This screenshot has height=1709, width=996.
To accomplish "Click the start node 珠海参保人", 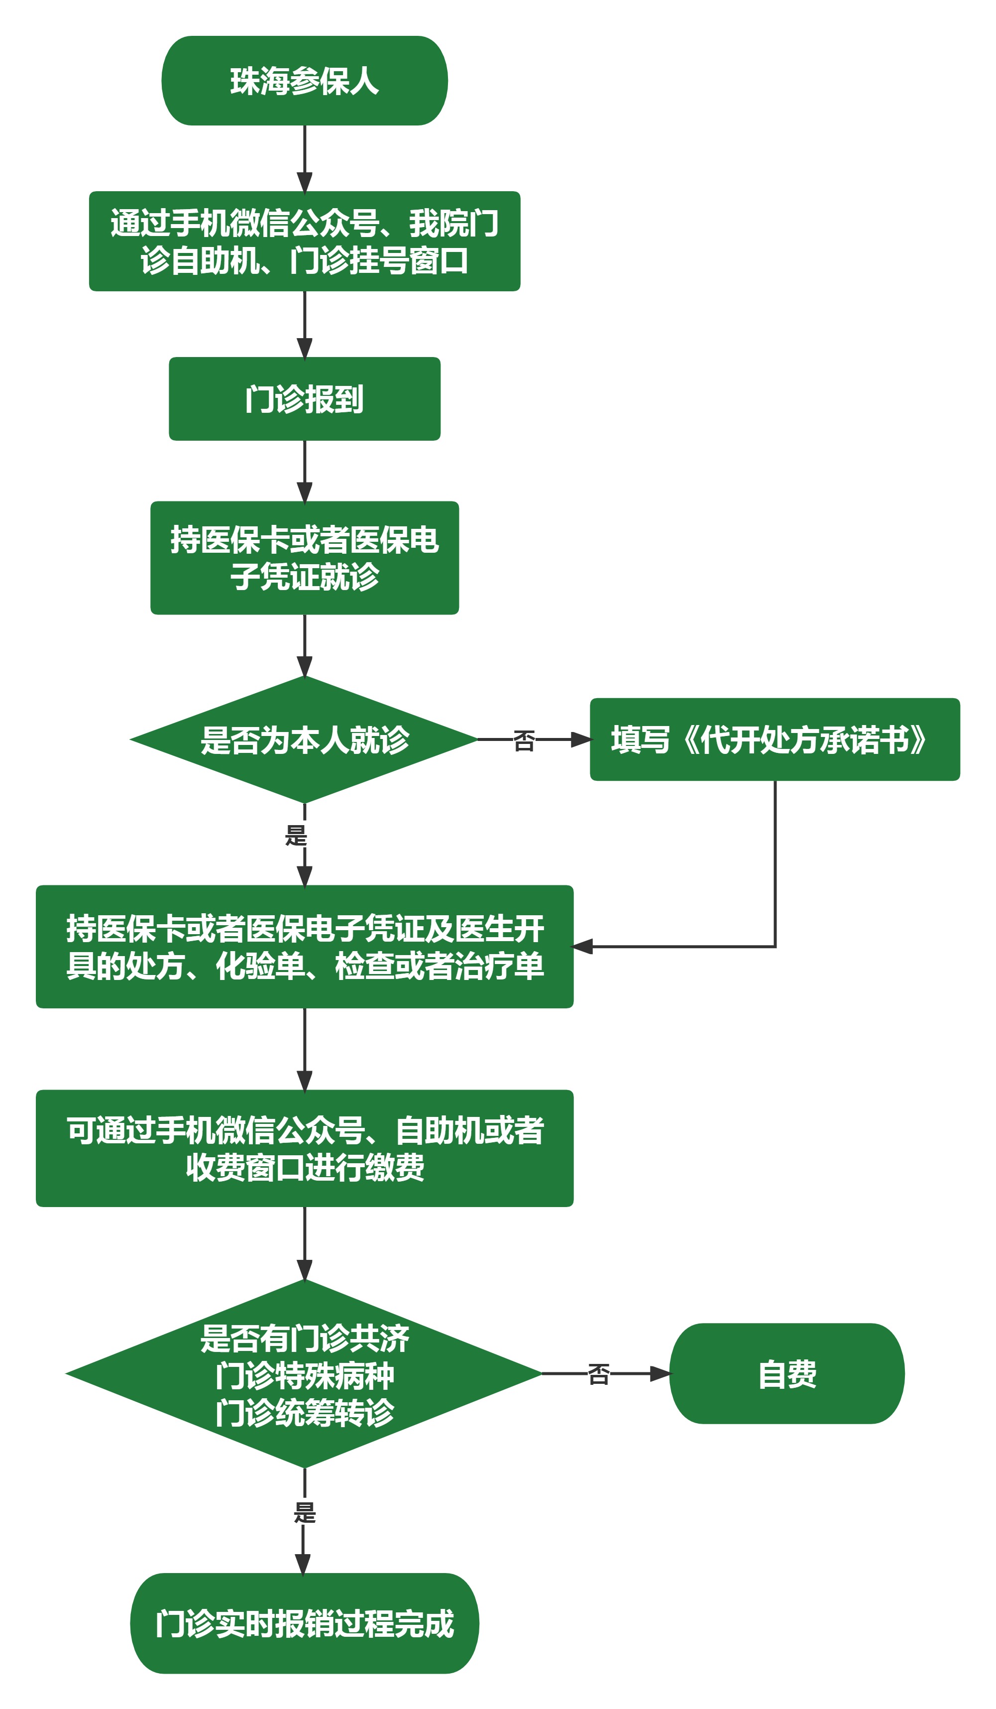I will click(x=305, y=81).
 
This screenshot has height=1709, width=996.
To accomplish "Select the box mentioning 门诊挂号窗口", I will click(x=305, y=242).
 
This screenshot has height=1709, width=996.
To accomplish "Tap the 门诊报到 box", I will click(x=305, y=399).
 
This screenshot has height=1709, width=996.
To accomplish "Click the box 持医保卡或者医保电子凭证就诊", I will click(x=305, y=558).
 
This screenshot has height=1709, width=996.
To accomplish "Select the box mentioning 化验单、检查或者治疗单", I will click(x=305, y=948).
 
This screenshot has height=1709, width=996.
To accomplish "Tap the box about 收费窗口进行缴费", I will click(x=305, y=1149).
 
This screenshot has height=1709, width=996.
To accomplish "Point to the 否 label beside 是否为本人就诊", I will click(x=524, y=740).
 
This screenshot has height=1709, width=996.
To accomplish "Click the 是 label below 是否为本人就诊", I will click(x=296, y=836).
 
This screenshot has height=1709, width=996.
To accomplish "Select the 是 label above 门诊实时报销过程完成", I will click(x=305, y=1513).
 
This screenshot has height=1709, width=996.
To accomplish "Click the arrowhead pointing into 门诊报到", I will click(x=305, y=347).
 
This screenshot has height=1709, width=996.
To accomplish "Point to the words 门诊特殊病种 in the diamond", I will click(x=305, y=1376).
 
